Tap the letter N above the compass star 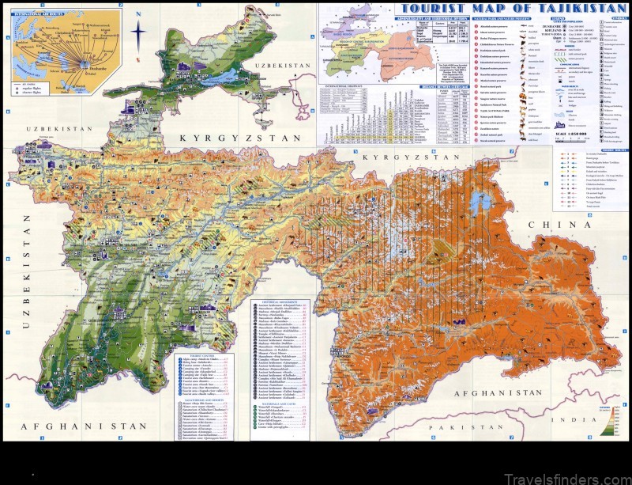tap(139, 24)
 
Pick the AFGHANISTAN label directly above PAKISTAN tap(476, 392)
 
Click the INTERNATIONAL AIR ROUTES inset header tap(39, 13)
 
